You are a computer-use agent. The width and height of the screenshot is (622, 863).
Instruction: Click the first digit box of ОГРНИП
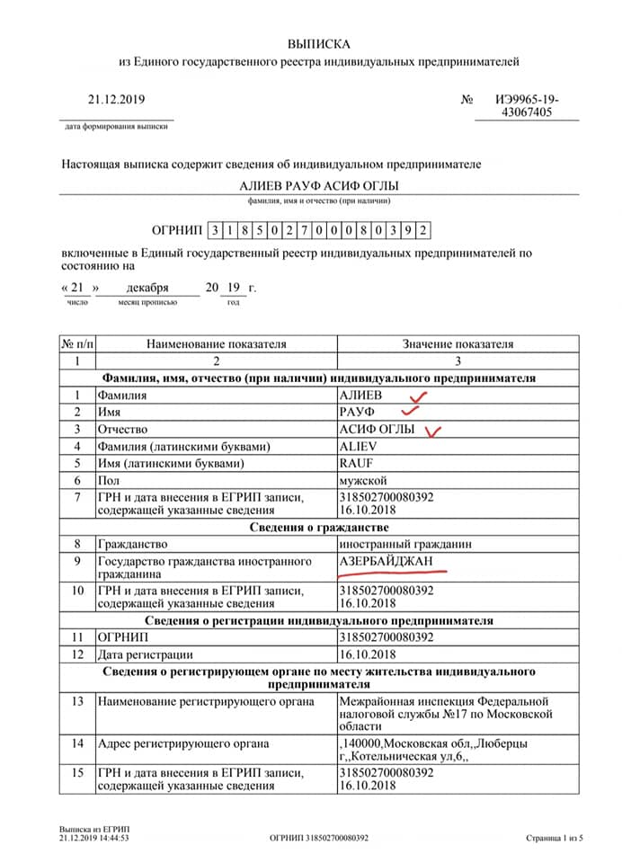[x=214, y=230]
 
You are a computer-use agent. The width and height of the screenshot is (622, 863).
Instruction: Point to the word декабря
[x=147, y=288]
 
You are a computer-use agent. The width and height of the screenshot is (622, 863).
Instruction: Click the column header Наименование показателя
[x=216, y=343]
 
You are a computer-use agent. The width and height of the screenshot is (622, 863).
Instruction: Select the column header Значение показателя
[x=458, y=343]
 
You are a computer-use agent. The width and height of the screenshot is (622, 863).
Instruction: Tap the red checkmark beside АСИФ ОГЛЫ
[x=434, y=431]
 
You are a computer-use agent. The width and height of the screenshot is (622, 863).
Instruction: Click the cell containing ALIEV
[x=359, y=446]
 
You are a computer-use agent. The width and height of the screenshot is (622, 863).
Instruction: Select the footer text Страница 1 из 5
[x=555, y=838]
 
